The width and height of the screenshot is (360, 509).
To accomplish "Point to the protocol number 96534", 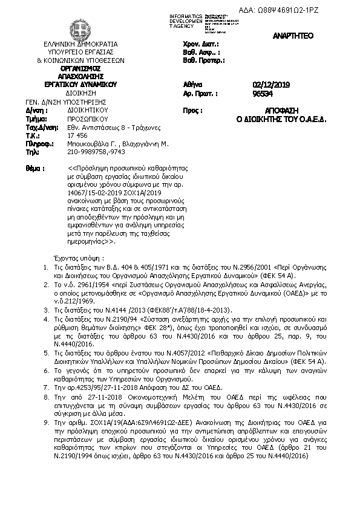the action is click(263, 94).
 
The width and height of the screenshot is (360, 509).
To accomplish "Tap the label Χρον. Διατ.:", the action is click(200, 45).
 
